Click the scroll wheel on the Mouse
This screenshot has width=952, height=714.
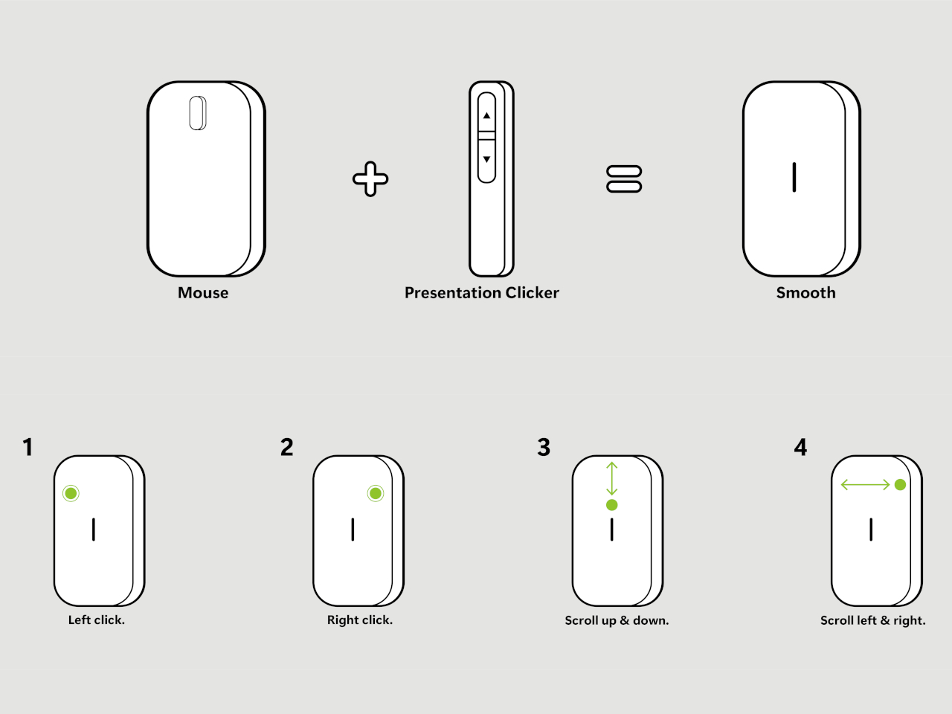[x=197, y=113]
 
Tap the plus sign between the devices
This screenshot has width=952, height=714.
[x=370, y=179]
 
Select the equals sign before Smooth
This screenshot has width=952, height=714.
[x=624, y=179]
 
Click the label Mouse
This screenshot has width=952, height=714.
[x=203, y=293]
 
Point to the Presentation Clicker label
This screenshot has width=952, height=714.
[x=481, y=293]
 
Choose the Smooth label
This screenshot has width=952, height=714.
[x=805, y=293]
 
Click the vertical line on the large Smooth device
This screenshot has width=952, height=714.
[x=794, y=177]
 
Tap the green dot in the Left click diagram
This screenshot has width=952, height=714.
[x=71, y=493]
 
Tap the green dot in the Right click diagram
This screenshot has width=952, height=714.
[x=376, y=493]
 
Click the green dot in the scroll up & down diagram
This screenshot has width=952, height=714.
[x=612, y=505]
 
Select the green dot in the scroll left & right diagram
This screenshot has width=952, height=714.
[x=900, y=485]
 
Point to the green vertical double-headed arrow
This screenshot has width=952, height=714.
[x=612, y=478]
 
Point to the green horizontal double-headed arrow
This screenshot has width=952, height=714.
[x=865, y=485]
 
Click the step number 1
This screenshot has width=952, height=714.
[x=28, y=447]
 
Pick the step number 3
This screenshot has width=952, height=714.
[x=544, y=447]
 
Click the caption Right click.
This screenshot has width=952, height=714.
[x=360, y=620]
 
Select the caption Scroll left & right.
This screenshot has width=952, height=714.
[x=872, y=620]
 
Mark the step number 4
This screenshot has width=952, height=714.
[x=800, y=447]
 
